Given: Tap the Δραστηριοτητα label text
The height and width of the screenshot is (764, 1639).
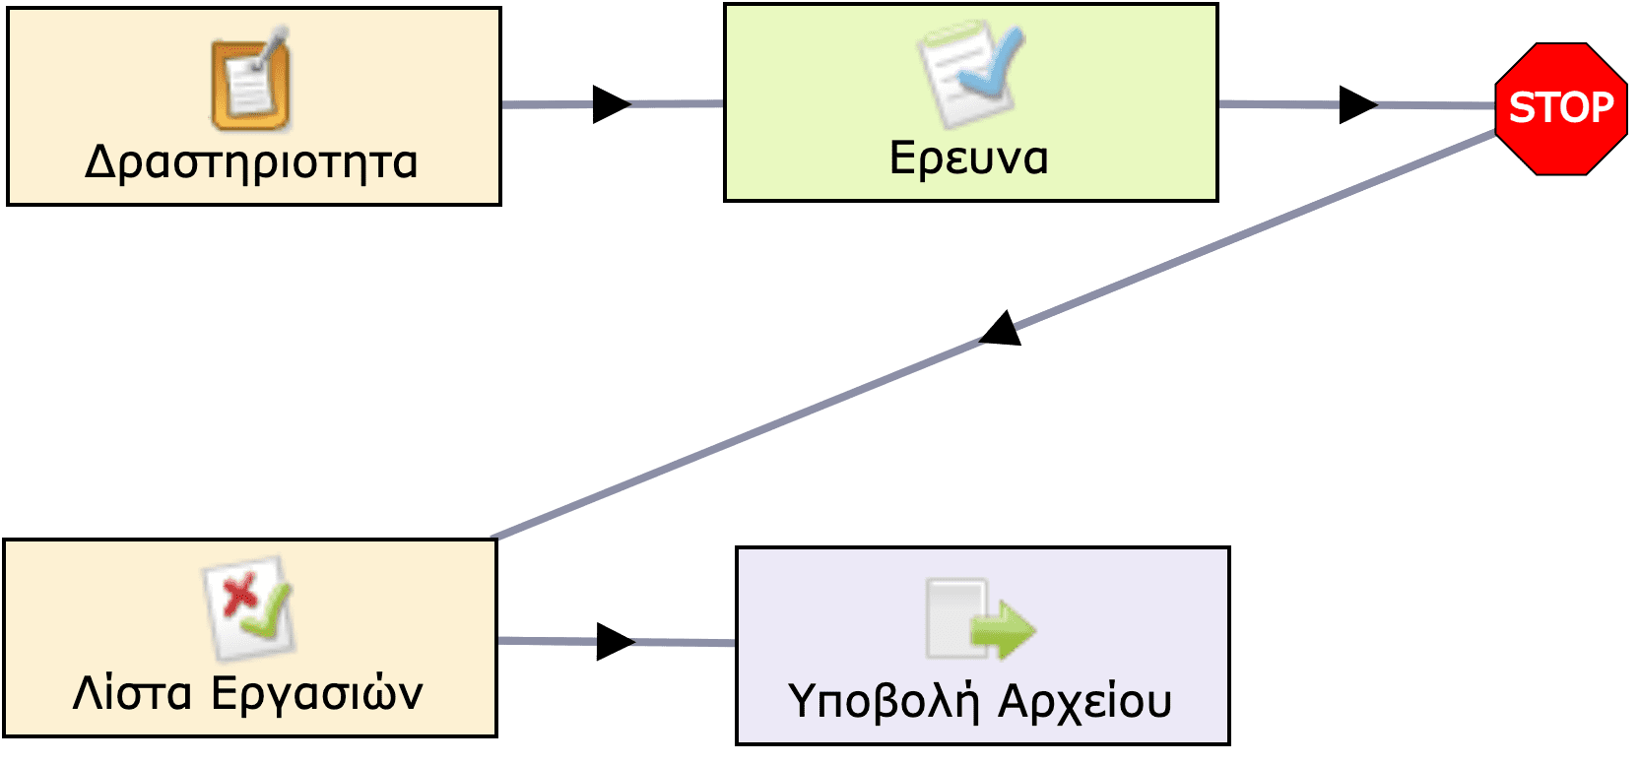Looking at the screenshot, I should pyautogui.click(x=251, y=162).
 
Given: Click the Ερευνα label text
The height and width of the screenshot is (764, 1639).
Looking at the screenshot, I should pyautogui.click(x=969, y=158).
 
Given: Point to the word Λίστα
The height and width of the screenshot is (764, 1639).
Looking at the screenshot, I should pyautogui.click(x=132, y=693).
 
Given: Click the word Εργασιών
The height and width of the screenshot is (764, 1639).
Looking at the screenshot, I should pyautogui.click(x=317, y=693).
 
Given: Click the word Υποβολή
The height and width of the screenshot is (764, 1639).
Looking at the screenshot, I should pyautogui.click(x=884, y=701).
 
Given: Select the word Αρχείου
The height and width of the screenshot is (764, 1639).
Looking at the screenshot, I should pyautogui.click(x=1084, y=701).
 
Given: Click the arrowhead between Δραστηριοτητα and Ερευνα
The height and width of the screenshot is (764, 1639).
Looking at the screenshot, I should pyautogui.click(x=611, y=103).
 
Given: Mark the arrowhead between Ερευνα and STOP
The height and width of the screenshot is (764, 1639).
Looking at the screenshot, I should pyautogui.click(x=1357, y=104).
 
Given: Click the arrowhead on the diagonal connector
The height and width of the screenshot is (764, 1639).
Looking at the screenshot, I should pyautogui.click(x=1002, y=331).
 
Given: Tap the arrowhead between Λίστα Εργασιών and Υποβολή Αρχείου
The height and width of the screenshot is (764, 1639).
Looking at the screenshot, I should pyautogui.click(x=615, y=642).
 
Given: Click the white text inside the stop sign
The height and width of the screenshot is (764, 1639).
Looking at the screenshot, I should pyautogui.click(x=1561, y=107).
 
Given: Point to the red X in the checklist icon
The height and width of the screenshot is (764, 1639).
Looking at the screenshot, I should pyautogui.click(x=237, y=594).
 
